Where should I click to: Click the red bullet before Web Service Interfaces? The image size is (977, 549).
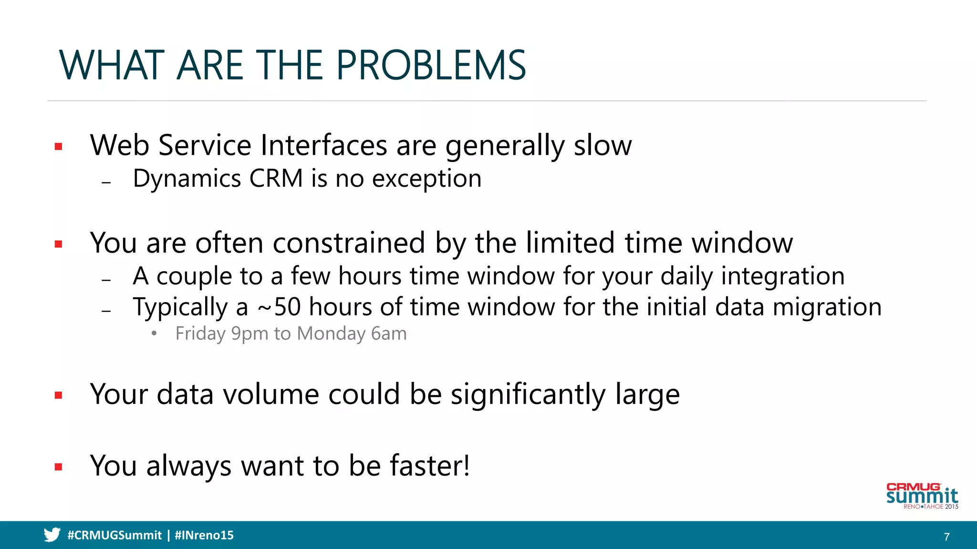coord(59,147)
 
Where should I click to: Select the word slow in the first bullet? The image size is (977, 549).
coord(603,145)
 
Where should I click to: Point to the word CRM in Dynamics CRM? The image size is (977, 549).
coord(276,179)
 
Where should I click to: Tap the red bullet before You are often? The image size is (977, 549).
coord(59,244)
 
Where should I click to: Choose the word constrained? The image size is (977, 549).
coord(349,243)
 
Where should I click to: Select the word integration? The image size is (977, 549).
coord(782,276)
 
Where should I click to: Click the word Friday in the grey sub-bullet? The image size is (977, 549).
coord(200,334)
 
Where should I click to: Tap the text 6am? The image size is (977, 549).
coord(389,334)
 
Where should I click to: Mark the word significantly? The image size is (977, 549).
coord(528,395)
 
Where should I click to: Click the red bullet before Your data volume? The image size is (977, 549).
coord(59,395)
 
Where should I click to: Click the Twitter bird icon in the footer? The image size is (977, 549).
coord(52,535)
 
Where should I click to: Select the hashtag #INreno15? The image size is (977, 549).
coord(204,535)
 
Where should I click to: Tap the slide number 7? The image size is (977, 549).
coord(946,537)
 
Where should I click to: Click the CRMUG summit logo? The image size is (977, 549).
coord(922,496)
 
